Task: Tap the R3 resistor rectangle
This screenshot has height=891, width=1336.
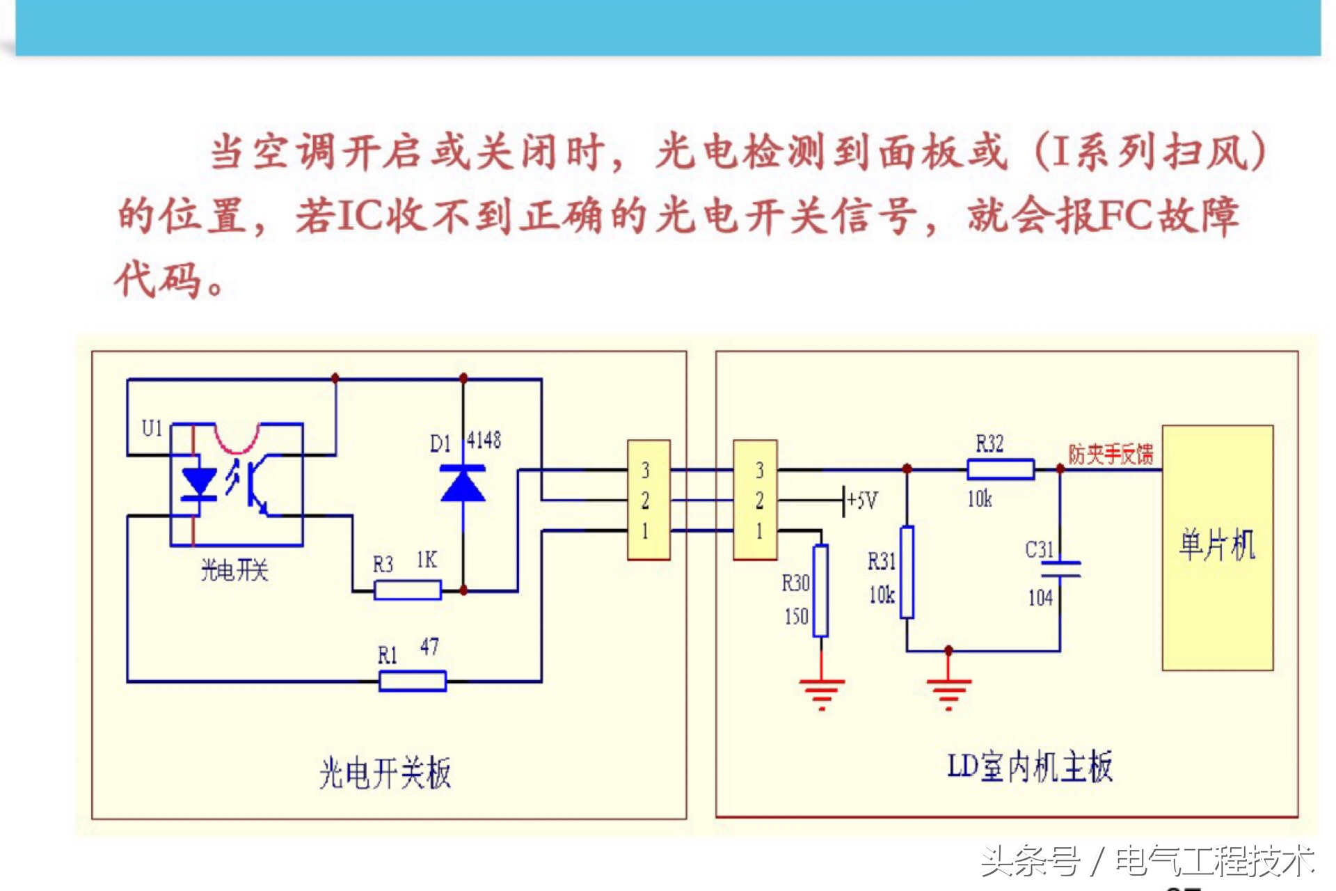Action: (x=408, y=591)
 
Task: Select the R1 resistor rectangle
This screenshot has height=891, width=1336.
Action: (x=413, y=680)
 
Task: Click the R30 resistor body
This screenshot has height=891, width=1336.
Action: (x=821, y=591)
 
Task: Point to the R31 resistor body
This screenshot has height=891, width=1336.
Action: (x=907, y=572)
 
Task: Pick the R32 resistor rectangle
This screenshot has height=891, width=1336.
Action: (x=1001, y=469)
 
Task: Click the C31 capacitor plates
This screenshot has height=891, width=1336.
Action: (x=1060, y=569)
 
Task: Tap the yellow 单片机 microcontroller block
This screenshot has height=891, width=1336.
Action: (x=1218, y=547)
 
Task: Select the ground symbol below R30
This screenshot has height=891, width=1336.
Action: (x=822, y=691)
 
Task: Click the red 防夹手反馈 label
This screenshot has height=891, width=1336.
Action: (x=1111, y=455)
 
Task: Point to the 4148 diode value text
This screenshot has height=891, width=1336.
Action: (x=484, y=440)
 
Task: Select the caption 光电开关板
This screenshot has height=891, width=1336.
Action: (x=385, y=773)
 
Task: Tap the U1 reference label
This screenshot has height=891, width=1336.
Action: (x=152, y=428)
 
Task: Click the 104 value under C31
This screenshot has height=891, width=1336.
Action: (x=1040, y=598)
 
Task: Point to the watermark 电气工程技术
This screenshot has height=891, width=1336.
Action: (x=1215, y=862)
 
